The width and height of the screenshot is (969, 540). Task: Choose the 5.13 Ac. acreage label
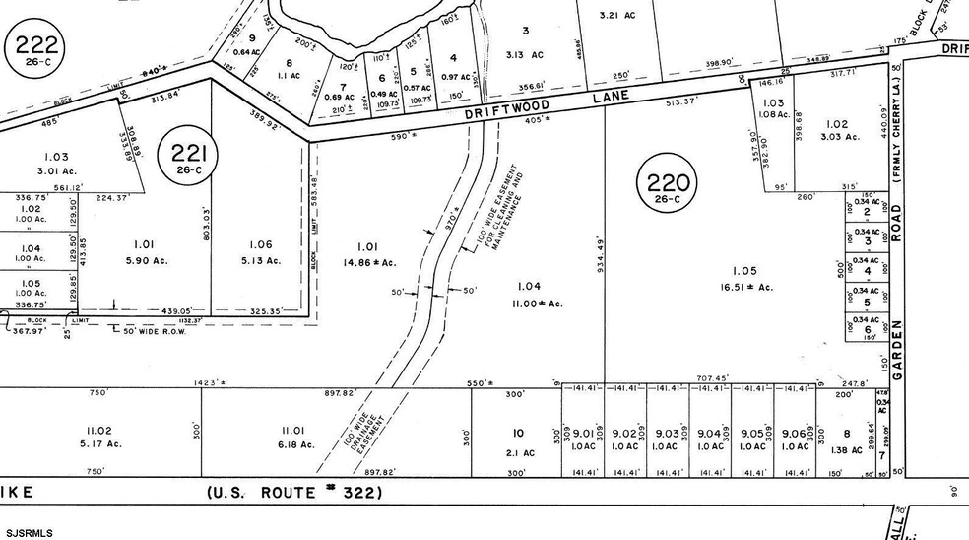tap(260, 260)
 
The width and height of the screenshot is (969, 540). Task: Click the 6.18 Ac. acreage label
tap(295, 444)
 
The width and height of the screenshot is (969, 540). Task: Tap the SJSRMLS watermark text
tap(27, 532)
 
